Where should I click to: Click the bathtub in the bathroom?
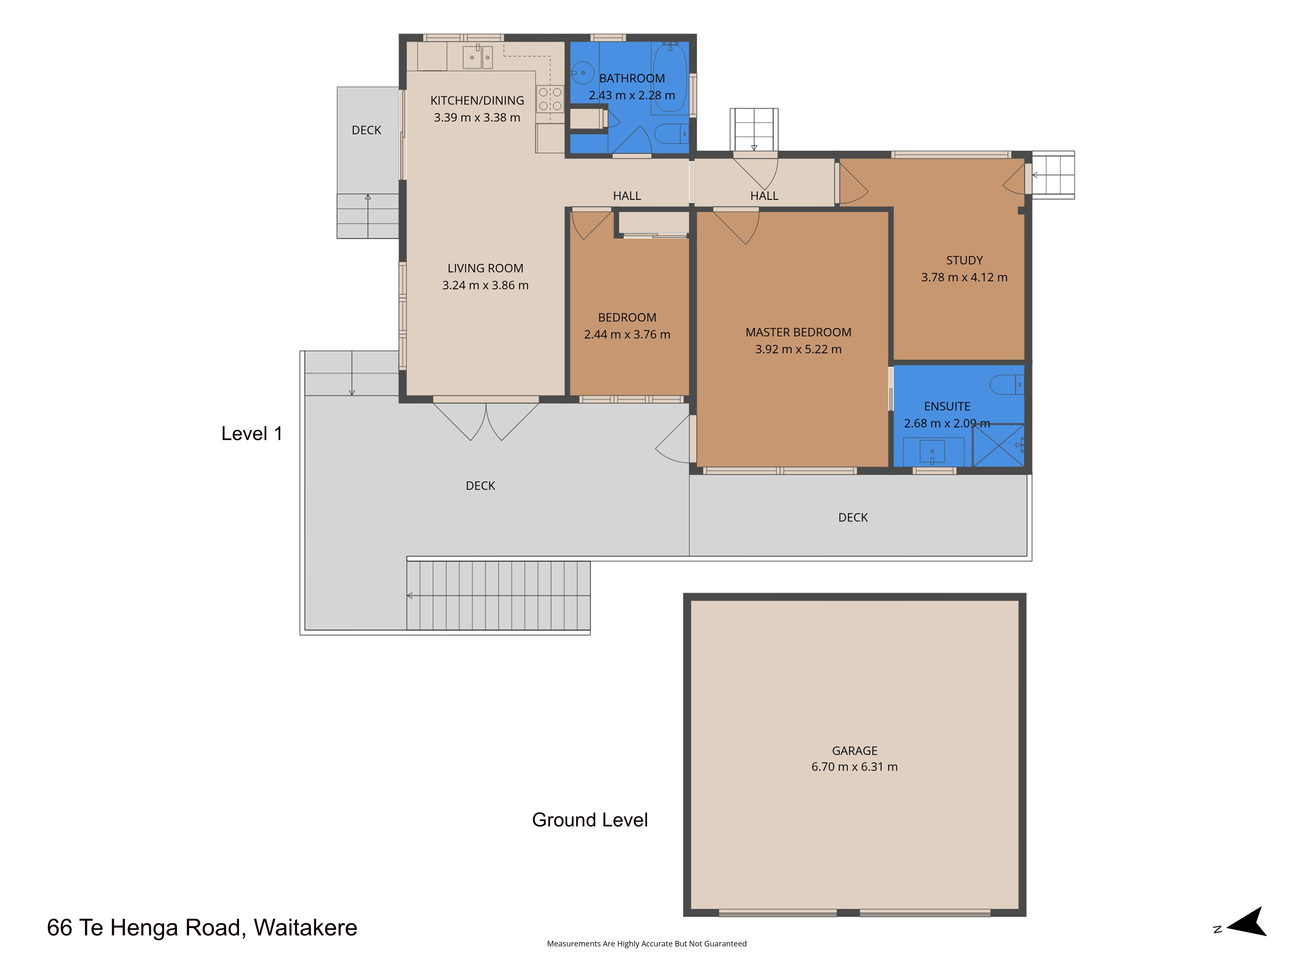(670, 78)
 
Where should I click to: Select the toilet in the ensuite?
(1006, 385)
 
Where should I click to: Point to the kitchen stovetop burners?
(550, 99)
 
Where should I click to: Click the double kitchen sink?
(478, 57)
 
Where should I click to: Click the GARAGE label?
(855, 751)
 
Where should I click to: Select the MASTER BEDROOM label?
(798, 332)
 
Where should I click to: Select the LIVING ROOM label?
(486, 268)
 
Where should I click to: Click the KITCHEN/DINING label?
(477, 101)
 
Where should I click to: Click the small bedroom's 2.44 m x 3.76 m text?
(627, 334)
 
